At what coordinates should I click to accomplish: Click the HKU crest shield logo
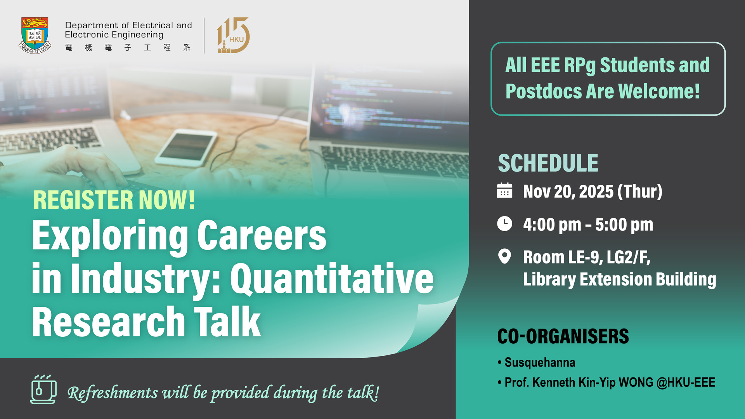coord(35,35)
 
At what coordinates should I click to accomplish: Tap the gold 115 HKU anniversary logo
coord(233,35)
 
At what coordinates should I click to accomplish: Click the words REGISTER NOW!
coord(114,200)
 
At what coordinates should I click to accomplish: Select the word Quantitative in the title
coord(332,279)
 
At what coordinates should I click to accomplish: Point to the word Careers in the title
coord(262,235)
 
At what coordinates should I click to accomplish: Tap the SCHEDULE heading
coord(548,163)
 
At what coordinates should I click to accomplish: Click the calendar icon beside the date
coord(504,191)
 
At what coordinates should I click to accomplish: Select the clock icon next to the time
coord(504,224)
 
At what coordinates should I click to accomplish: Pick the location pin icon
coord(504,256)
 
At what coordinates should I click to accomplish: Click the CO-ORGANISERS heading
coord(563,336)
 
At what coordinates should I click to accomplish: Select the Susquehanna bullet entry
coord(539,362)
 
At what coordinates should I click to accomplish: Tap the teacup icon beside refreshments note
coord(43,390)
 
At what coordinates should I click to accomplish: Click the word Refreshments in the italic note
coord(113,393)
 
